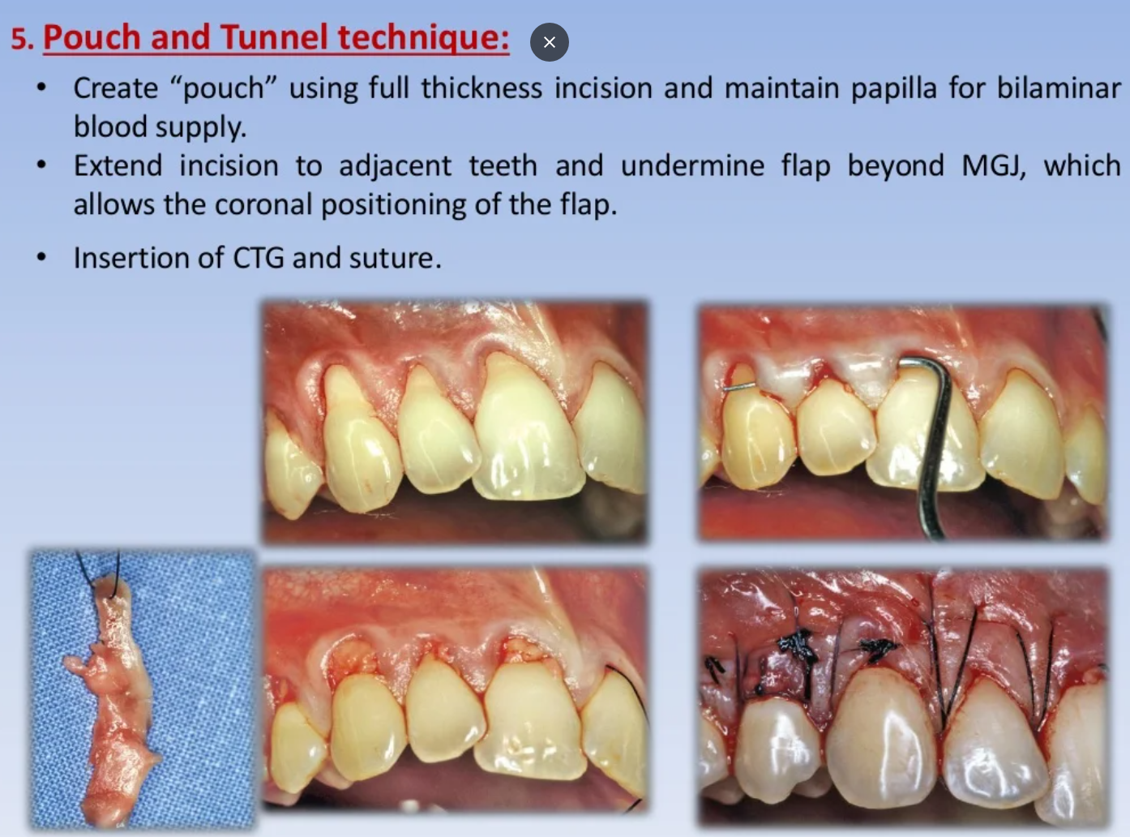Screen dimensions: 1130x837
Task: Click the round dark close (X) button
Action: (550, 42)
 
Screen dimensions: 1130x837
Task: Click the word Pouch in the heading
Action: (92, 37)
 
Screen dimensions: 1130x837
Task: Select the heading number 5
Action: (23, 38)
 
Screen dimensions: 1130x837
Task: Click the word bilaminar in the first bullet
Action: (1059, 88)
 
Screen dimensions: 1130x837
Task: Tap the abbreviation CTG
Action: (259, 257)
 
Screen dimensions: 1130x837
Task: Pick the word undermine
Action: (692, 165)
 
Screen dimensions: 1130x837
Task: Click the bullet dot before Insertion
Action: (42, 256)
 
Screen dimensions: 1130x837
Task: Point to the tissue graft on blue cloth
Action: (114, 703)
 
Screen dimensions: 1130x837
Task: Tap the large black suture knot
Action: (798, 647)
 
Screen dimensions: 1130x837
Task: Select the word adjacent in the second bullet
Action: (395, 167)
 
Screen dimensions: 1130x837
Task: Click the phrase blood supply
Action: (160, 127)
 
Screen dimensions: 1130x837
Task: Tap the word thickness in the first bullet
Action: (482, 88)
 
